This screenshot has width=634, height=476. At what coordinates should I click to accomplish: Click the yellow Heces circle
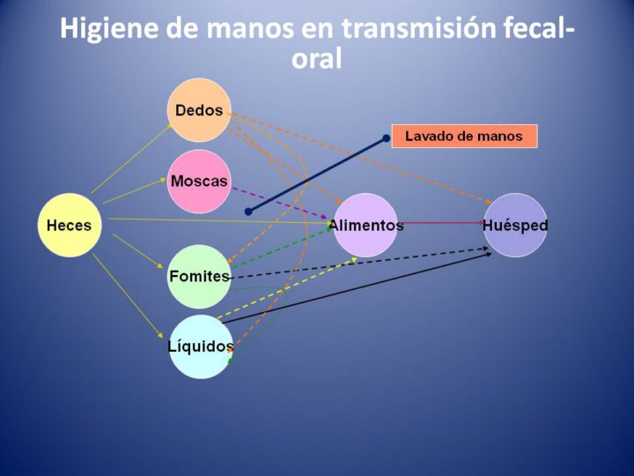coord(70,225)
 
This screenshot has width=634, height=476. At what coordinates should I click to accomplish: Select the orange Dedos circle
coord(199,110)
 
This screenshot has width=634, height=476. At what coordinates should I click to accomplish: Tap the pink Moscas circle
coord(199,182)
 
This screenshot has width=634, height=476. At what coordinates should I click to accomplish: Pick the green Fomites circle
coord(199,277)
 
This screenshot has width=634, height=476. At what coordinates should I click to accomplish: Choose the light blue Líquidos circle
coord(201,347)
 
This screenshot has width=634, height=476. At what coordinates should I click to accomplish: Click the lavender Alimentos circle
coord(365,225)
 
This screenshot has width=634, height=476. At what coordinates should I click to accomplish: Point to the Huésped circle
coord(515,225)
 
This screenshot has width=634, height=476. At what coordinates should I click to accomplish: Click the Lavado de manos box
coord(465,136)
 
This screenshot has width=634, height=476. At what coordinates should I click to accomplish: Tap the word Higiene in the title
coord(108,29)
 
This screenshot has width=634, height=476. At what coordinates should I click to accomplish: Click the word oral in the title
coord(317,59)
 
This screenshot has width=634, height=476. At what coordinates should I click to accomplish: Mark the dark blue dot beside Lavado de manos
coord(387,138)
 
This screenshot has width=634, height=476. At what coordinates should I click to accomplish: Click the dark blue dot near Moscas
coord(248,212)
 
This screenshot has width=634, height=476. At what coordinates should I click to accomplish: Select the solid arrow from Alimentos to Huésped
coord(441,223)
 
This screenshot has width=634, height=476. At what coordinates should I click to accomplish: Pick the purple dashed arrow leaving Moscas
coord(279,204)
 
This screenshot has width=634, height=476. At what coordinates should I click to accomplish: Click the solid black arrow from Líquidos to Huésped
coord(357,287)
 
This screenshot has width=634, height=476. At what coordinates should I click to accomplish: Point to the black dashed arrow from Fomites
coord(359,263)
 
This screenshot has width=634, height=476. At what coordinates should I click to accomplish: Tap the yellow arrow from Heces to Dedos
coord(132,159)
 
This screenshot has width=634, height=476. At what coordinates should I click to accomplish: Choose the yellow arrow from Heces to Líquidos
coord(128,296)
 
